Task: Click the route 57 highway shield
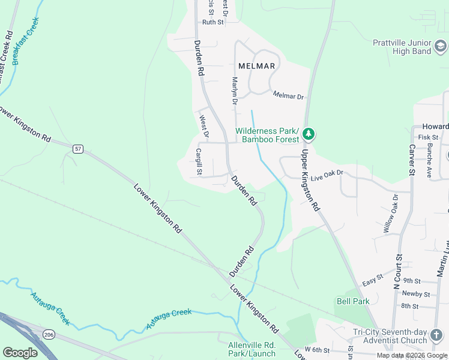click(x=77, y=148)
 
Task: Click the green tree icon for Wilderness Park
click(x=309, y=134)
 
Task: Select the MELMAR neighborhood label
click(x=256, y=65)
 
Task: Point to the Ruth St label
click(x=212, y=22)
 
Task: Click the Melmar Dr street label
click(x=288, y=95)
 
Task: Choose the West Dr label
click(x=203, y=126)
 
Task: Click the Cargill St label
click(x=199, y=163)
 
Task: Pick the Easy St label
click(x=372, y=283)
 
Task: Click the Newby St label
click(x=416, y=293)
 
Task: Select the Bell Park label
click(x=352, y=301)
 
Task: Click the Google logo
click(x=20, y=352)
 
